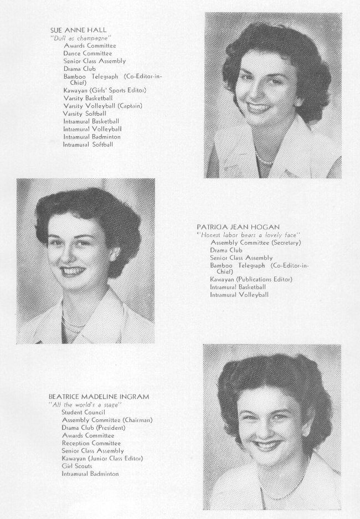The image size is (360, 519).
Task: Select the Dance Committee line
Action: [x=88, y=53]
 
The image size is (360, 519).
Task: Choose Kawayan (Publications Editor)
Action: [x=251, y=279]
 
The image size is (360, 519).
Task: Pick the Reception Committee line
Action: [x=91, y=443]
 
